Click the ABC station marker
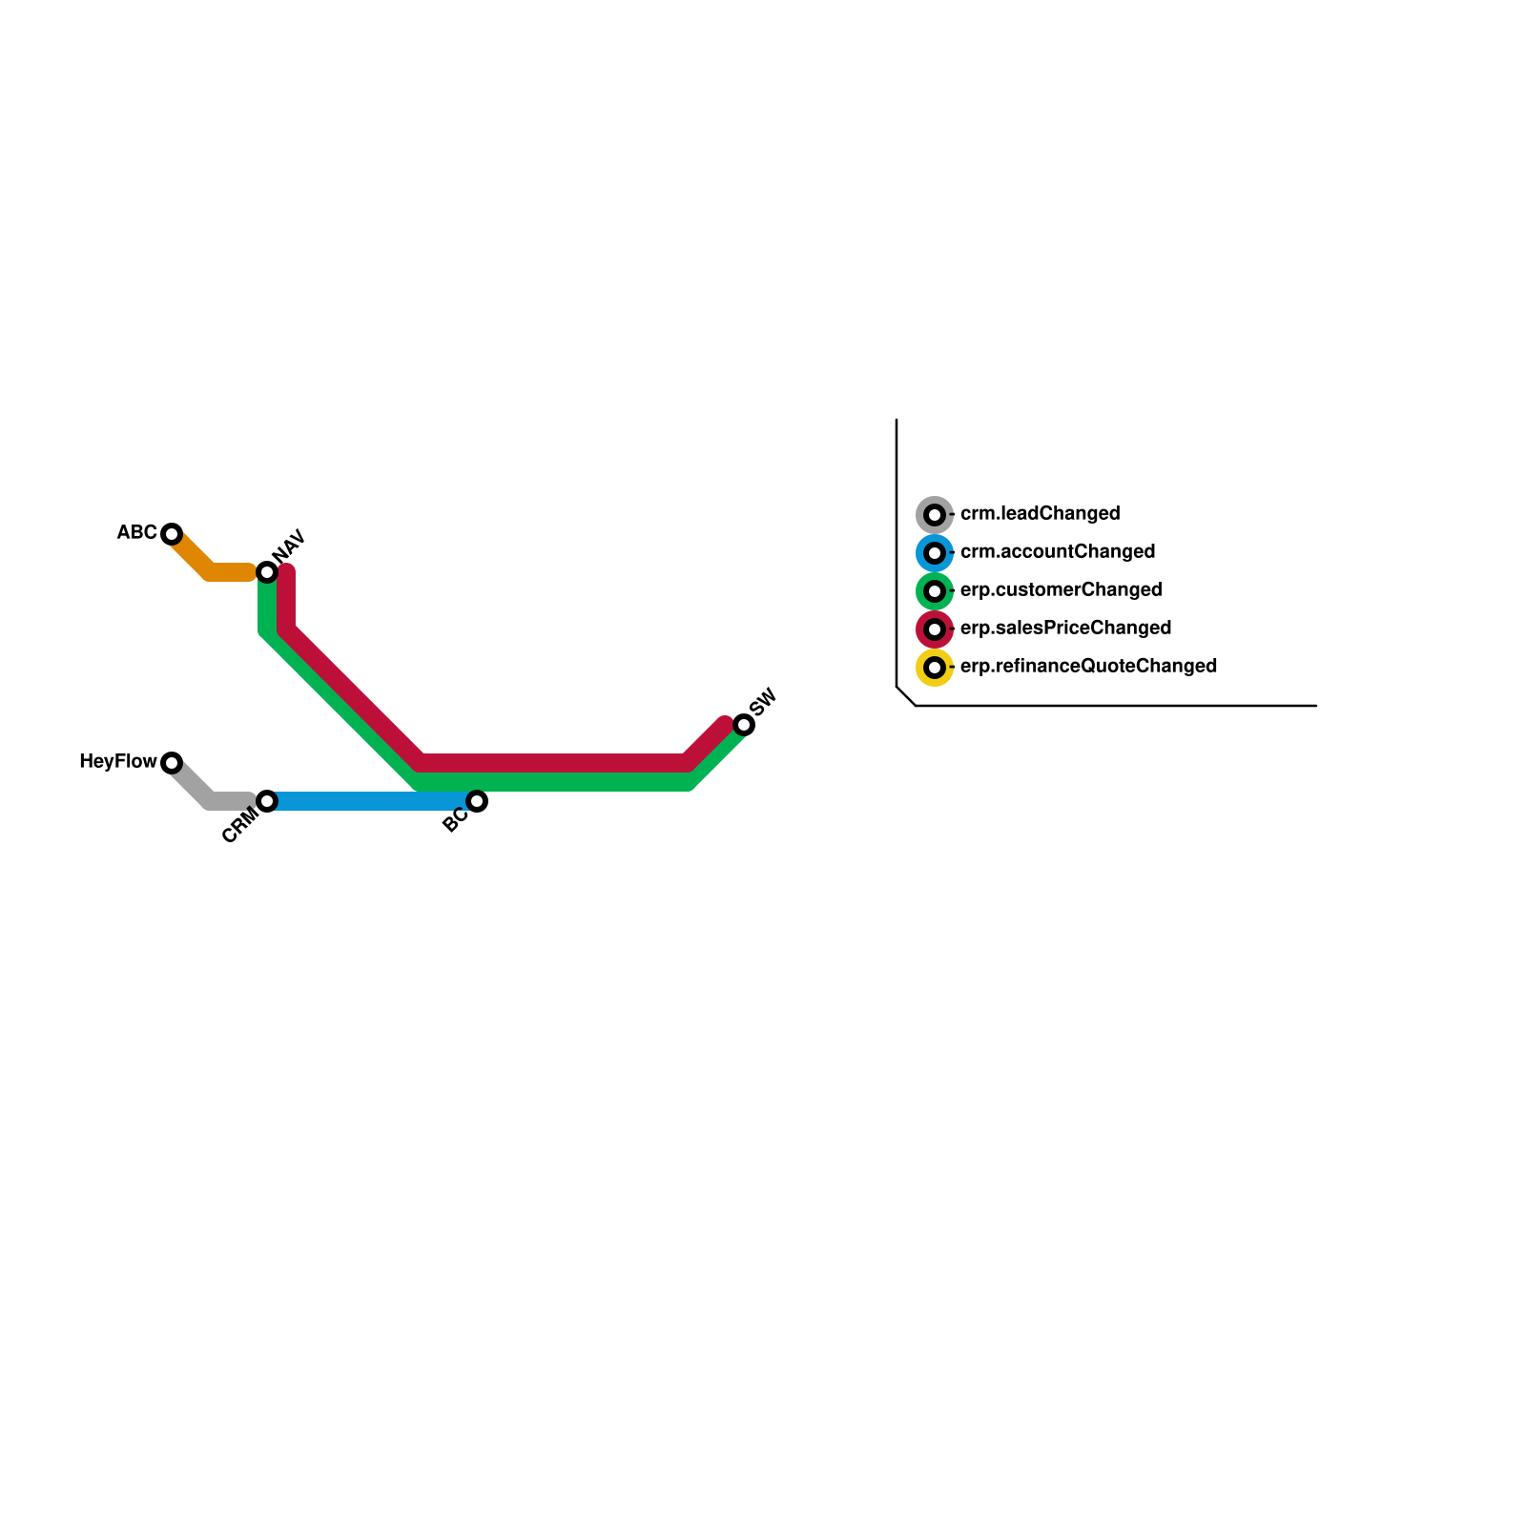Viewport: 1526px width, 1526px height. tap(172, 534)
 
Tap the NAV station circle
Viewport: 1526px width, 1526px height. tap(267, 572)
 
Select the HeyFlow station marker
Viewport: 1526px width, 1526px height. tap(172, 763)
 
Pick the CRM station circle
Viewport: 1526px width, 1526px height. tap(267, 801)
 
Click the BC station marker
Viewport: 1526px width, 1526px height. tap(477, 801)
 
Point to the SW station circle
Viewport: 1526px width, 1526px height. tap(744, 725)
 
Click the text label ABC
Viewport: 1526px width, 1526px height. tap(136, 532)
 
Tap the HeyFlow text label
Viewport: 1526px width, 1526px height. tap(117, 761)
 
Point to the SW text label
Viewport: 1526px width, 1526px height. tap(764, 702)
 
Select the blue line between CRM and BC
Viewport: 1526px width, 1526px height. tap(372, 801)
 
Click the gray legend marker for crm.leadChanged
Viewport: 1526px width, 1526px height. tap(935, 515)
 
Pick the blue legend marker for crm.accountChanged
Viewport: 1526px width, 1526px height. tap(935, 553)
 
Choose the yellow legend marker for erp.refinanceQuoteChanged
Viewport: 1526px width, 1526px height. tap(935, 668)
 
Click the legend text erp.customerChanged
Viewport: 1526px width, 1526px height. tap(1061, 589)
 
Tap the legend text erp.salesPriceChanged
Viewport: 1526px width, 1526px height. tap(1065, 628)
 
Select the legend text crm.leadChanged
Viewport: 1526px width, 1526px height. tap(1040, 513)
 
